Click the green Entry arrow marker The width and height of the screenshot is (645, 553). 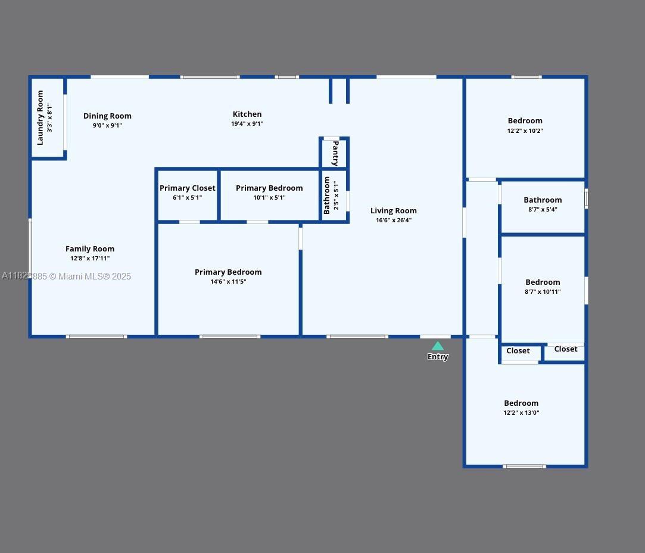438,346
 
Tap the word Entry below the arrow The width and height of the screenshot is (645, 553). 438,357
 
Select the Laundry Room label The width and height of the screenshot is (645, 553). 40,117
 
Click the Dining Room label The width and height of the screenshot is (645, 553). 107,116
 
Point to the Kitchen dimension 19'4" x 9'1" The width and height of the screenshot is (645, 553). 247,124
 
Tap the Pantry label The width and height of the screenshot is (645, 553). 335,153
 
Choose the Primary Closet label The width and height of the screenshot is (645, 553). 188,188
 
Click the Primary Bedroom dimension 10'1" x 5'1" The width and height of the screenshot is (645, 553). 269,198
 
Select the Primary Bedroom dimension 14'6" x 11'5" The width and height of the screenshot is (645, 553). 228,282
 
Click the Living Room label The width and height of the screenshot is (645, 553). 394,211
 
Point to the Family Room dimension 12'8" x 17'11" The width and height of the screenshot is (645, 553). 90,259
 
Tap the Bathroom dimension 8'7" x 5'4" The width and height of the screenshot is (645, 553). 543,210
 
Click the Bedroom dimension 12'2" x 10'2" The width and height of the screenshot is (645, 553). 525,131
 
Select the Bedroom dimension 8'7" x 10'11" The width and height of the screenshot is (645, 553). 543,292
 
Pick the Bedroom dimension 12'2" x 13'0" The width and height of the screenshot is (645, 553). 521,413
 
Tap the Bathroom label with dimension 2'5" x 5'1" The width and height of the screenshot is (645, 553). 327,195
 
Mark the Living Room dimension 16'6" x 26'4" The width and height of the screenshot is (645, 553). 394,220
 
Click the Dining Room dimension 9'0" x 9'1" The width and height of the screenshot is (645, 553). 107,126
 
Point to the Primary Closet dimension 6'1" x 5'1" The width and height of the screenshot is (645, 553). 188,198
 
